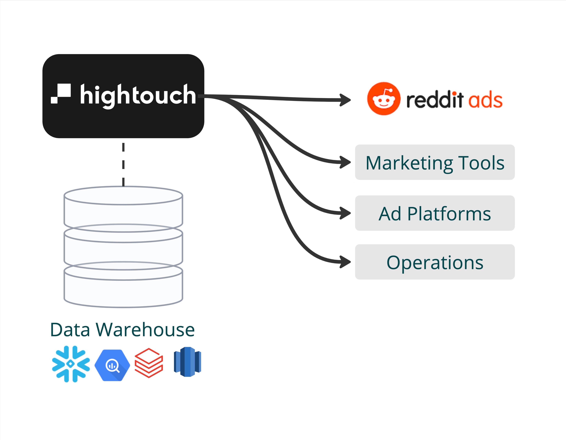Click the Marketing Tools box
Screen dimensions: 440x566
(x=435, y=162)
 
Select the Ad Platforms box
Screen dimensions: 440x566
(x=435, y=213)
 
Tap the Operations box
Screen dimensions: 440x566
(x=435, y=262)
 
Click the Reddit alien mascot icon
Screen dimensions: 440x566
(x=384, y=99)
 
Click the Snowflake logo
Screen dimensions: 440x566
(x=71, y=364)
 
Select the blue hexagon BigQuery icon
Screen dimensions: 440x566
(x=112, y=365)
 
